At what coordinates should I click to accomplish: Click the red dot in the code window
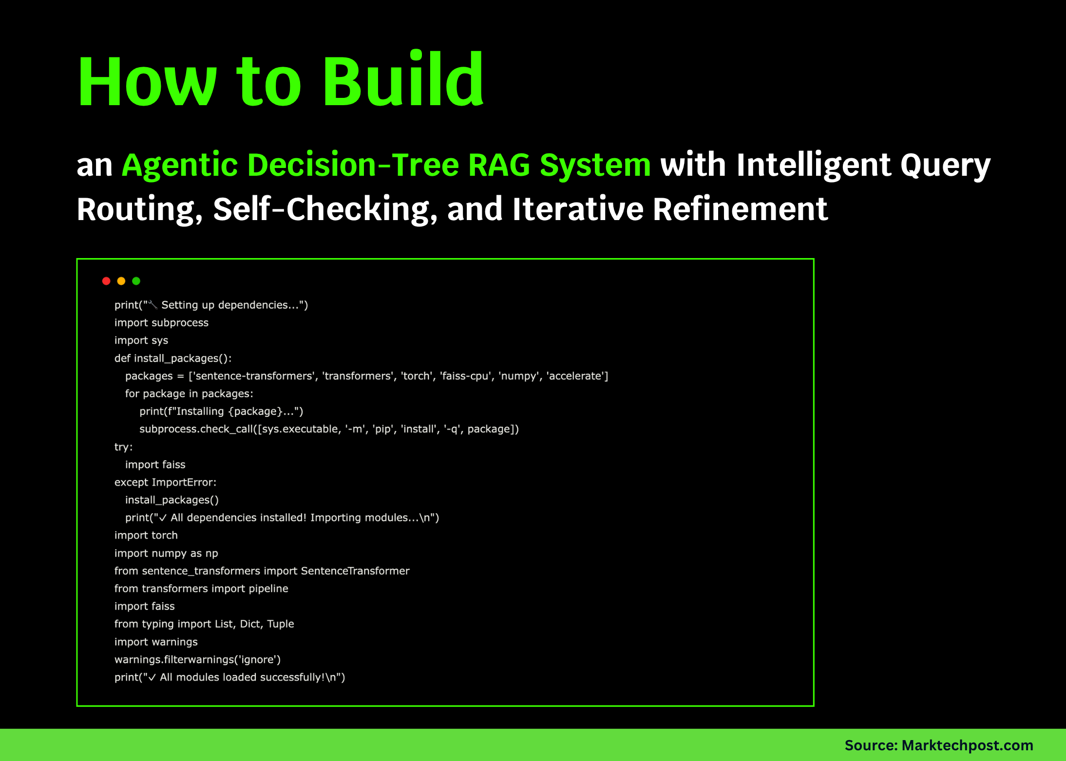point(106,281)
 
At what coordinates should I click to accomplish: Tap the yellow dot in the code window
point(121,281)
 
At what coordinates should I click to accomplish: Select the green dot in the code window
point(136,281)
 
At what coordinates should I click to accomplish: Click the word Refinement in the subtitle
point(740,209)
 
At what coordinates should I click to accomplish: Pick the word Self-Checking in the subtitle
point(322,209)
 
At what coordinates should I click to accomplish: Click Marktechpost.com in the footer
point(967,745)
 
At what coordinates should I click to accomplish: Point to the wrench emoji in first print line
point(153,305)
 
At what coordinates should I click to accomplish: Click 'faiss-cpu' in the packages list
point(465,376)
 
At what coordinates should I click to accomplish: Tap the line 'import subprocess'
point(161,323)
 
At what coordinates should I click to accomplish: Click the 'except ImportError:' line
point(165,482)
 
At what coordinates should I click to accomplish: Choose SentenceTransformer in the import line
point(355,571)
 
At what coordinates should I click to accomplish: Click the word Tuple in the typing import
point(280,624)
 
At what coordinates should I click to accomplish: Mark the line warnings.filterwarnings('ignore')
point(197,659)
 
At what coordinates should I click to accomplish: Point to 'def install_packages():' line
point(173,358)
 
